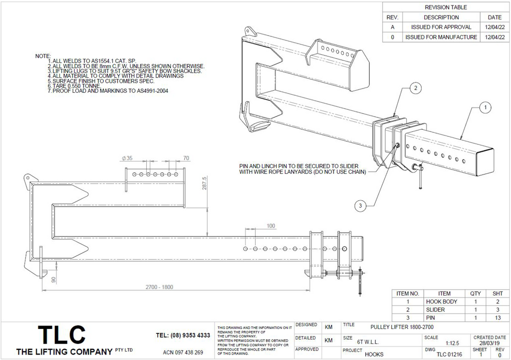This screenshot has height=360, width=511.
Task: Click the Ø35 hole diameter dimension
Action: (127, 158)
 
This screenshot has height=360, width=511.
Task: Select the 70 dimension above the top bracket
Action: (186, 158)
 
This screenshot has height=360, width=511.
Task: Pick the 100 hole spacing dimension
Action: (271, 226)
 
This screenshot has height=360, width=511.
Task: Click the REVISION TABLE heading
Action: (446, 7)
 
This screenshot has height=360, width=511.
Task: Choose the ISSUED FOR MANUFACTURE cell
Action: (441, 37)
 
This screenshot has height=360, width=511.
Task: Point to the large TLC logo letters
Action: (62, 335)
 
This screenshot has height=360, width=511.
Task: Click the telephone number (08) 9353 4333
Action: (183, 335)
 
